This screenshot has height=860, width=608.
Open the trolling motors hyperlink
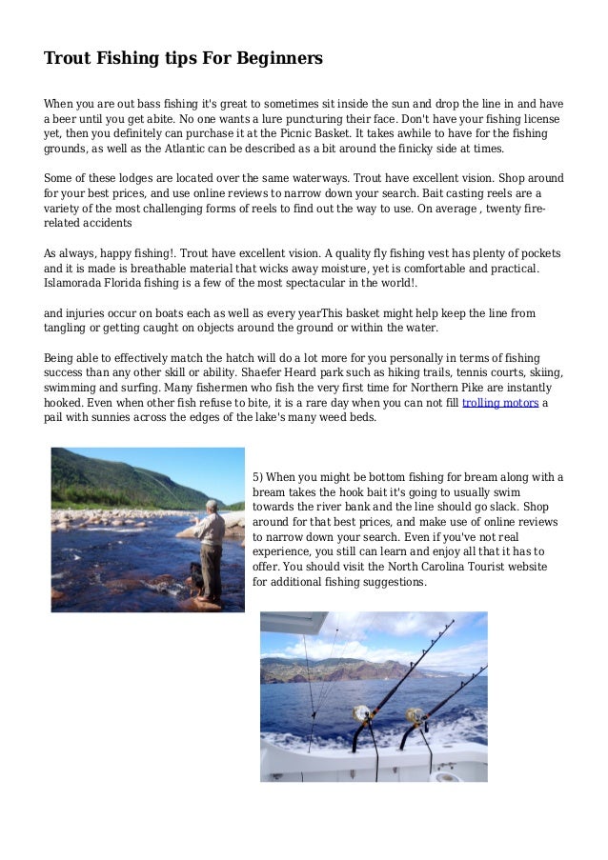[500, 403]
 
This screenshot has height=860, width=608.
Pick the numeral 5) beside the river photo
[258, 477]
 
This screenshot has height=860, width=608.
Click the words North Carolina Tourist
[435, 567]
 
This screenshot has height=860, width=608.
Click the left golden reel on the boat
[361, 713]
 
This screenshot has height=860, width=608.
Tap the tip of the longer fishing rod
[453, 623]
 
